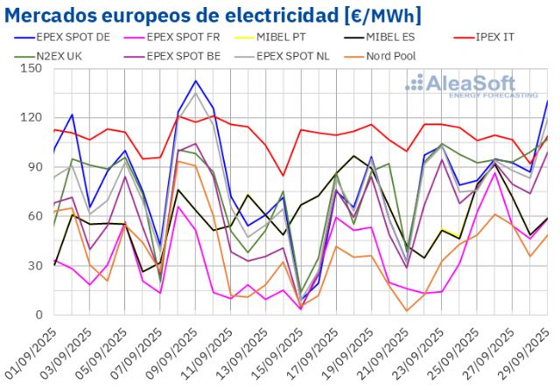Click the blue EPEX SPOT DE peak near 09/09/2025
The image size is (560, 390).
[195, 81]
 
